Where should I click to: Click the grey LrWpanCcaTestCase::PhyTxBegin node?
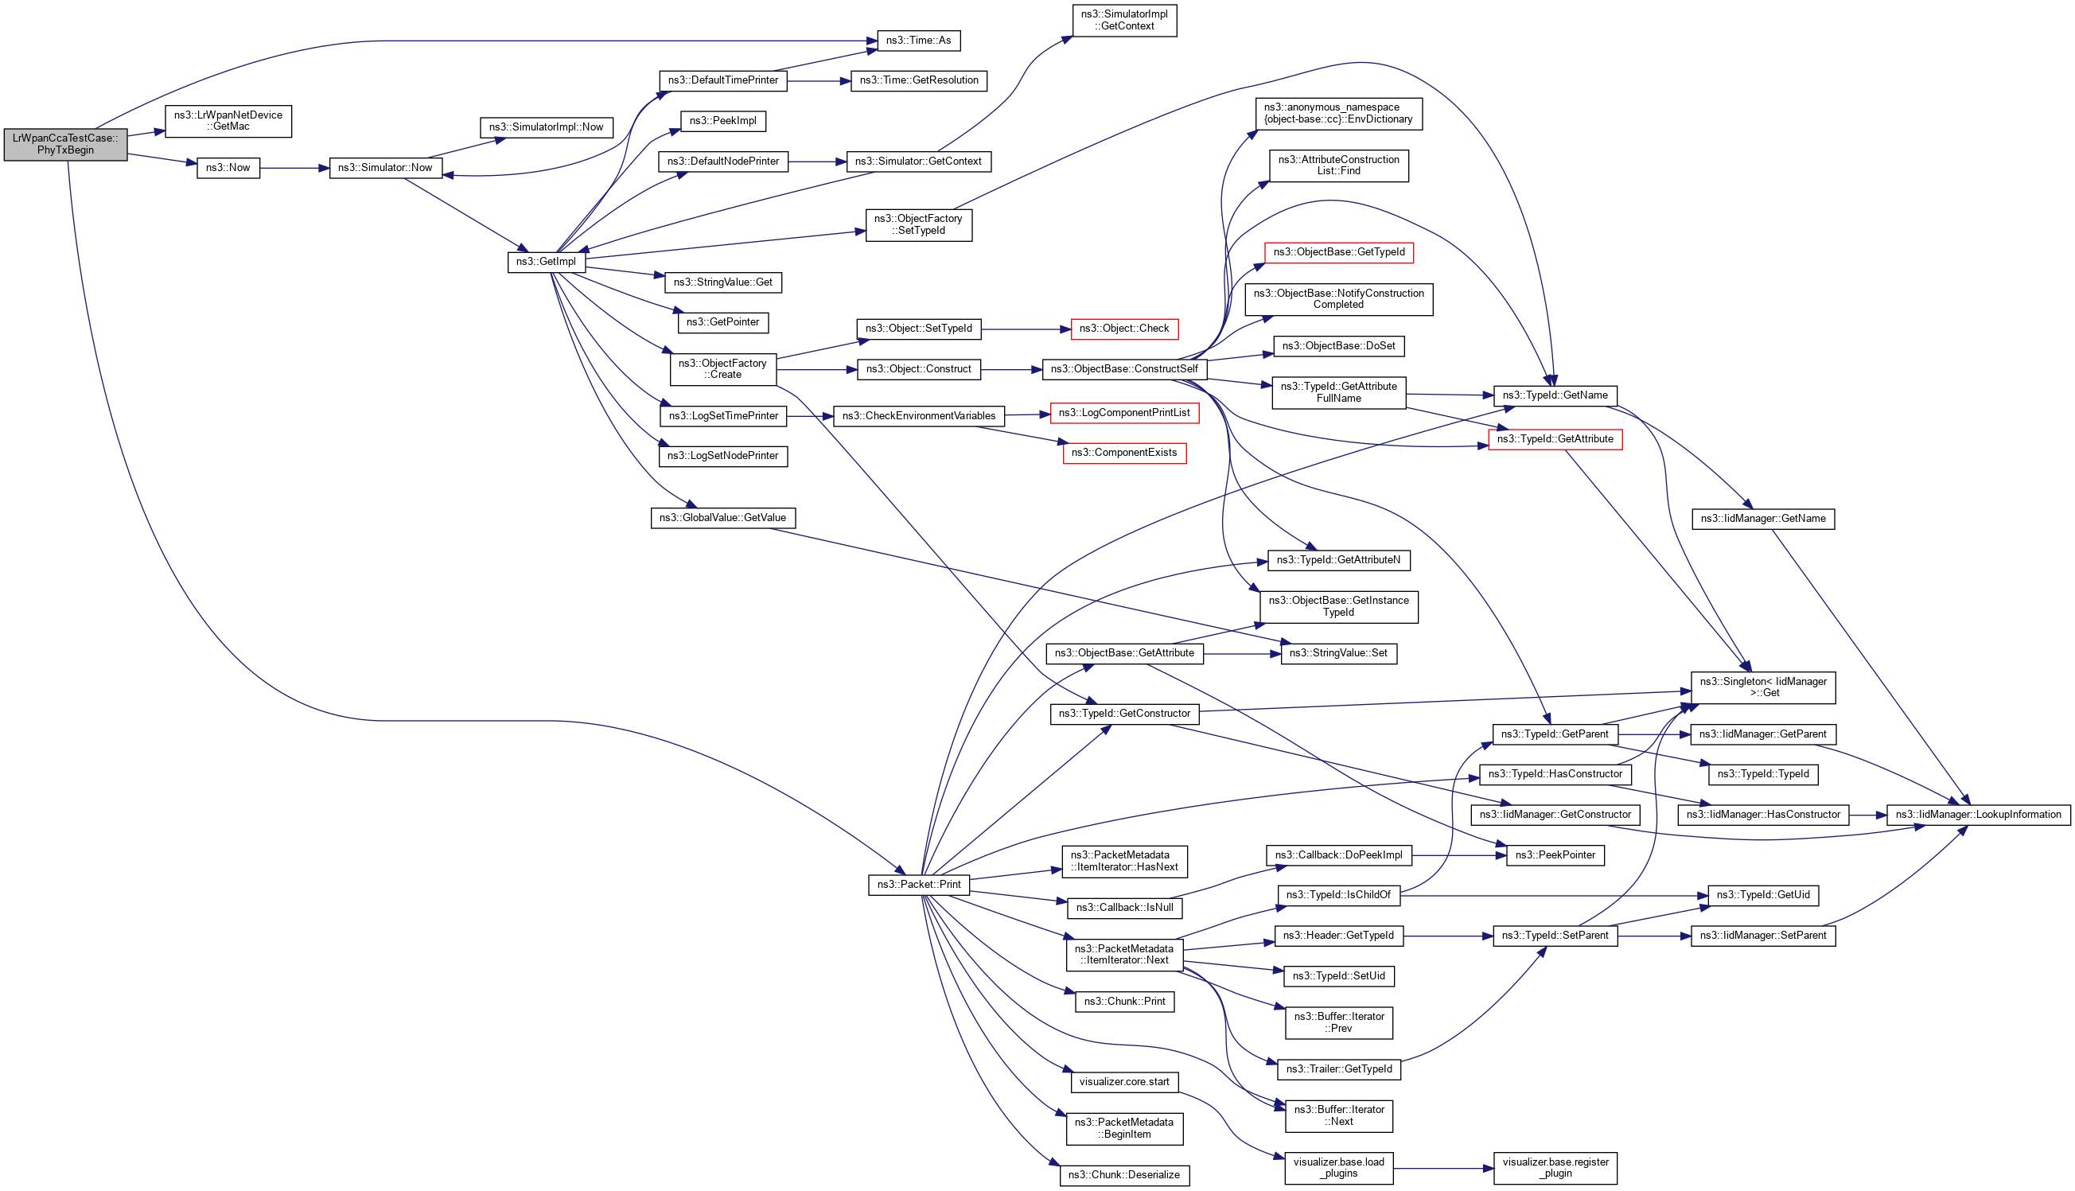[x=65, y=145]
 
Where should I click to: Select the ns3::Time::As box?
[x=917, y=41]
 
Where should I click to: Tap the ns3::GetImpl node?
[x=546, y=262]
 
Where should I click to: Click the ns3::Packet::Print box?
[x=918, y=885]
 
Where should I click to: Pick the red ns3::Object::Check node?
[x=1123, y=329]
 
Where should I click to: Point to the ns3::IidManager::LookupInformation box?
[x=1978, y=815]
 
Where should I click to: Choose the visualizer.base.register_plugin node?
[x=1555, y=1168]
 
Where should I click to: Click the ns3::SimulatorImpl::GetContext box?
[x=1123, y=21]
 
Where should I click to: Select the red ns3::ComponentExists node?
[x=1123, y=453]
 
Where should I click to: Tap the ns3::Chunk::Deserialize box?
[x=1123, y=1175]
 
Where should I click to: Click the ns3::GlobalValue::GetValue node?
[x=722, y=519]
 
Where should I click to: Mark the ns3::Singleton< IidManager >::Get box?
[x=1762, y=688]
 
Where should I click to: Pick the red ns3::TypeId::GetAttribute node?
[x=1555, y=440]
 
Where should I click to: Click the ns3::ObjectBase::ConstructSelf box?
[x=1123, y=370]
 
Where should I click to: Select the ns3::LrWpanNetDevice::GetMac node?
[x=228, y=121]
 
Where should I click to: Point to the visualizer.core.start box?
[x=1123, y=1082]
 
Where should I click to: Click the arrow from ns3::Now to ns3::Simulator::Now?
[x=294, y=169]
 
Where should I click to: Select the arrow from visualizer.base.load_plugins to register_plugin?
[x=1442, y=1169]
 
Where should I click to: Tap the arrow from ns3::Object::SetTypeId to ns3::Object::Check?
[x=1026, y=329]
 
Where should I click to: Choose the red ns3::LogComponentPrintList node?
[x=1123, y=413]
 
